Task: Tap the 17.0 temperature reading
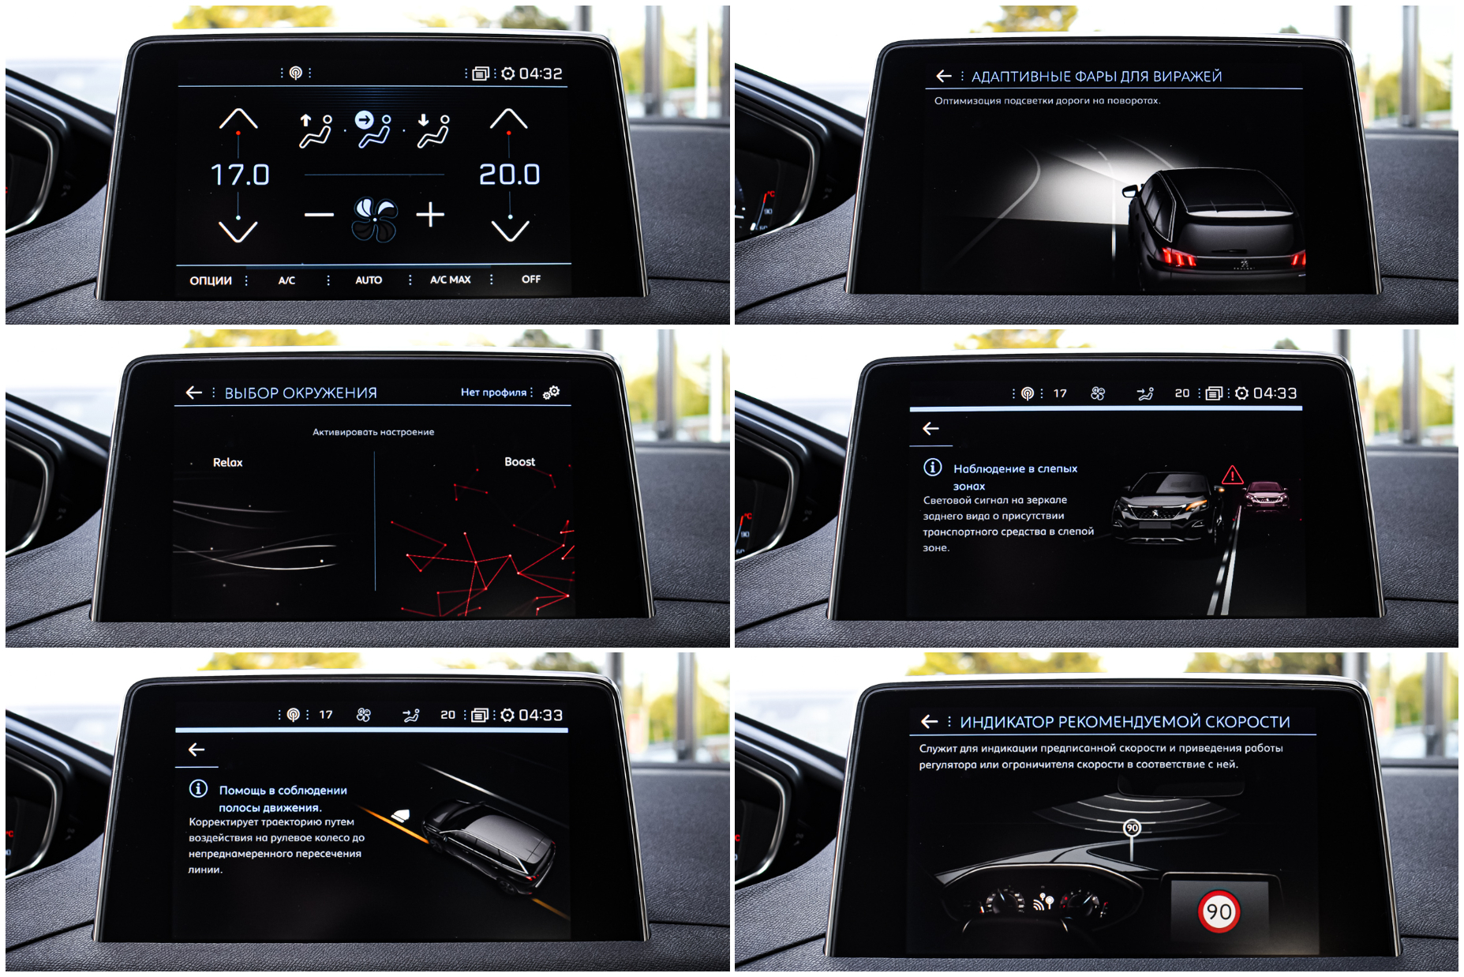coord(240,175)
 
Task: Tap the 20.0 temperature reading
coord(510,175)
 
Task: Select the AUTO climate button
coord(369,280)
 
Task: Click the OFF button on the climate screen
coord(531,279)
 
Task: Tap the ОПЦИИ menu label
coord(211,280)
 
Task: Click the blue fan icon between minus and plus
coord(374,218)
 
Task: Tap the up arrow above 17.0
coord(238,119)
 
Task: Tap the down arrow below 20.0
coord(510,231)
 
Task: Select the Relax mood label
coord(228,463)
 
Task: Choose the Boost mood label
coord(520,462)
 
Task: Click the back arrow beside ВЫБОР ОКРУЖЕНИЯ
coord(194,393)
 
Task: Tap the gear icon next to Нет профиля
coord(552,392)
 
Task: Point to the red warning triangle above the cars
coord(1232,476)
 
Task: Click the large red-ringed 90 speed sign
coord(1219,911)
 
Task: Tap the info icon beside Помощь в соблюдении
coord(198,789)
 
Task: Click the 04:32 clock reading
coord(541,73)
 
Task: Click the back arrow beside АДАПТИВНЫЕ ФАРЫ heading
coord(944,76)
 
